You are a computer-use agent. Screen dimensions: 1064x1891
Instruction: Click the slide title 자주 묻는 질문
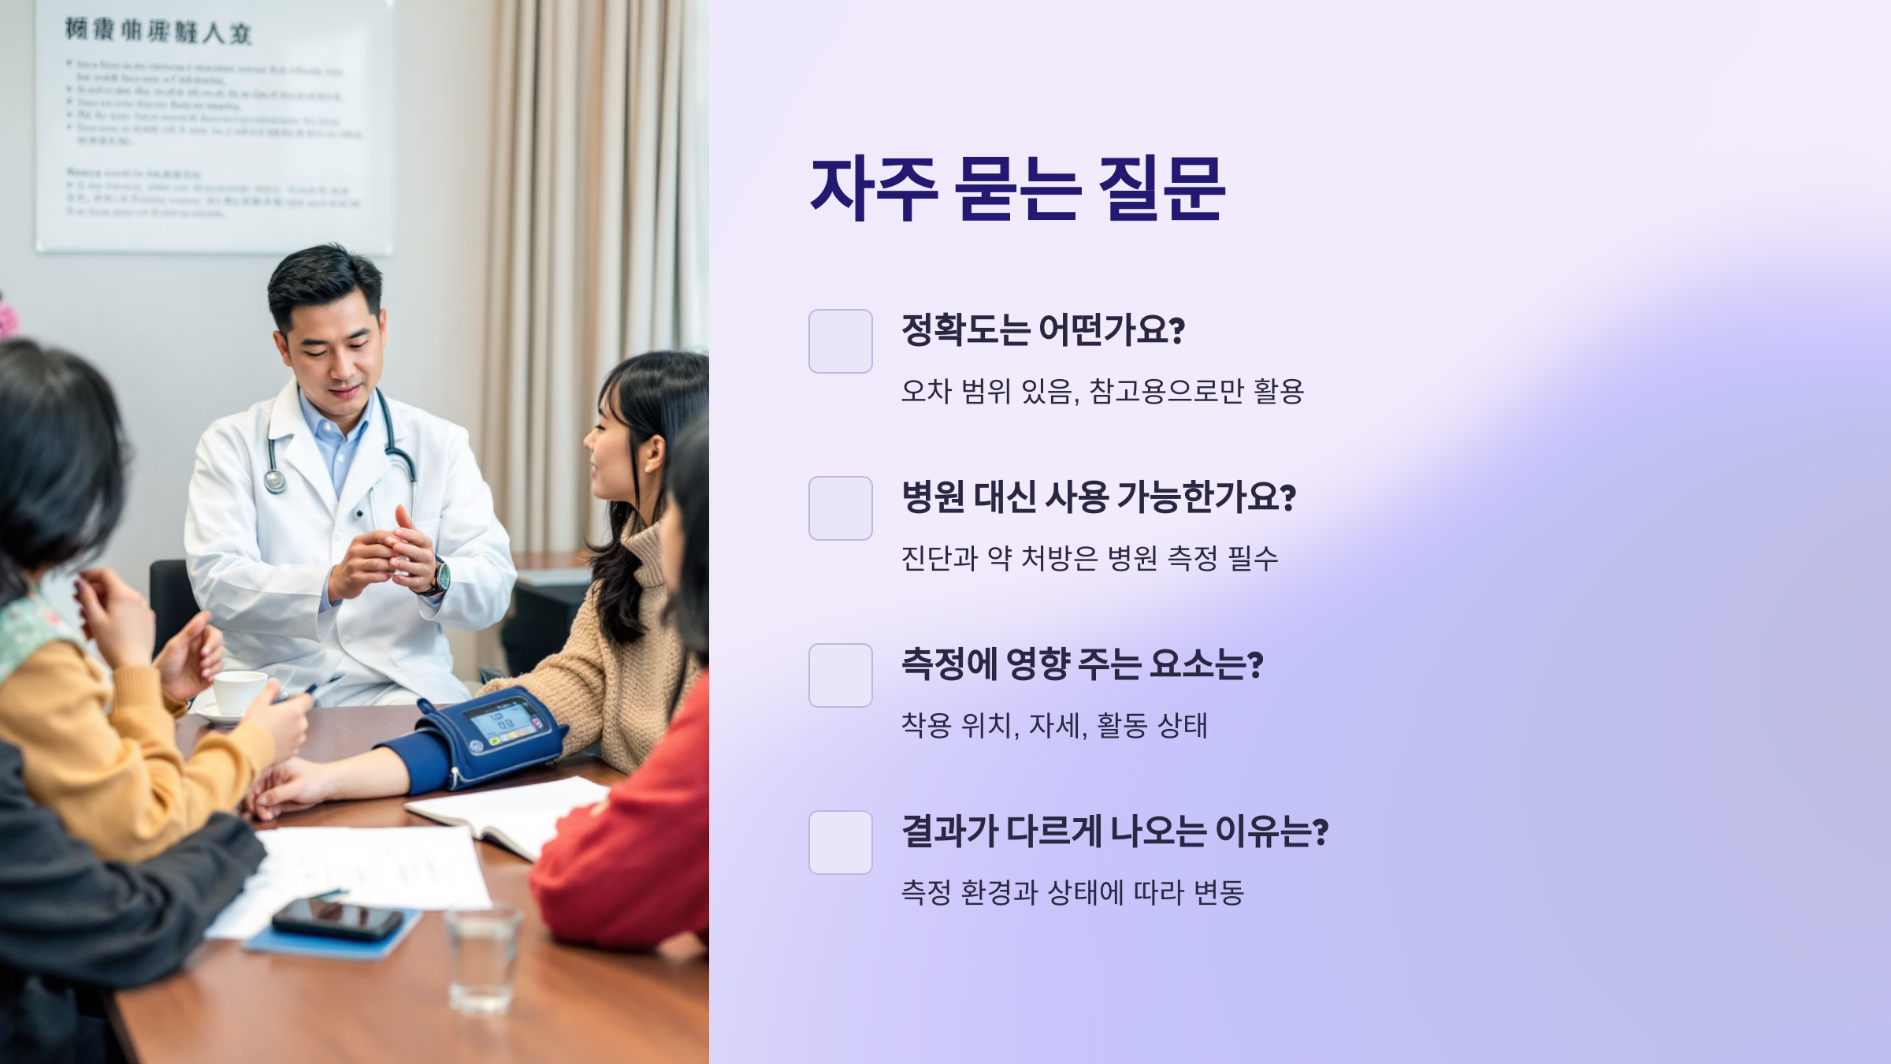click(x=1017, y=189)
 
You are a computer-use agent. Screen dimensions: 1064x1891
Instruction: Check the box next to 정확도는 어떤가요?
click(x=840, y=341)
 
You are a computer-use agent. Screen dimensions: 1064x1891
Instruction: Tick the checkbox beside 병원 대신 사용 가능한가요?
click(x=840, y=508)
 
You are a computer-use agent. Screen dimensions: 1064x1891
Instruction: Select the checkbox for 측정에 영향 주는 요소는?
click(x=840, y=675)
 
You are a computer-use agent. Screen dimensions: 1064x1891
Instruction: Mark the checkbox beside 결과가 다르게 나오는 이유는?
click(x=840, y=843)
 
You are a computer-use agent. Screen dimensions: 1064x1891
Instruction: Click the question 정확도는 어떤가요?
click(x=1042, y=329)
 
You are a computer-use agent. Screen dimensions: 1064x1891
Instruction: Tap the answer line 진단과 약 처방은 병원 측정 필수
click(x=1089, y=559)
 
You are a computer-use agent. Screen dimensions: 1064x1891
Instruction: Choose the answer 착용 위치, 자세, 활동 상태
click(x=1053, y=726)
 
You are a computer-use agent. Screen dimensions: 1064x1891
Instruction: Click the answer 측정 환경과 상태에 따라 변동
click(x=1072, y=893)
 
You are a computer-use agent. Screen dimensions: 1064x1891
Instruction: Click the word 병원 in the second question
click(x=933, y=497)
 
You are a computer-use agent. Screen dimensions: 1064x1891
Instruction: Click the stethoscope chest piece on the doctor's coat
click(x=275, y=479)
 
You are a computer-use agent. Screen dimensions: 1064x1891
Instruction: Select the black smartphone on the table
click(x=337, y=919)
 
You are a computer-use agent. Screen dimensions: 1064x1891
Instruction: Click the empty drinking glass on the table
click(x=482, y=957)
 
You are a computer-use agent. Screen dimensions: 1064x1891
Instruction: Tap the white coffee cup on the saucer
click(x=239, y=692)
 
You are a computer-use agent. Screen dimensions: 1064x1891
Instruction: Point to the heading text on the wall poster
click(x=158, y=32)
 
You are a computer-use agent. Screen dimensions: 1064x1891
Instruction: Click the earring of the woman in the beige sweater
click(x=648, y=467)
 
